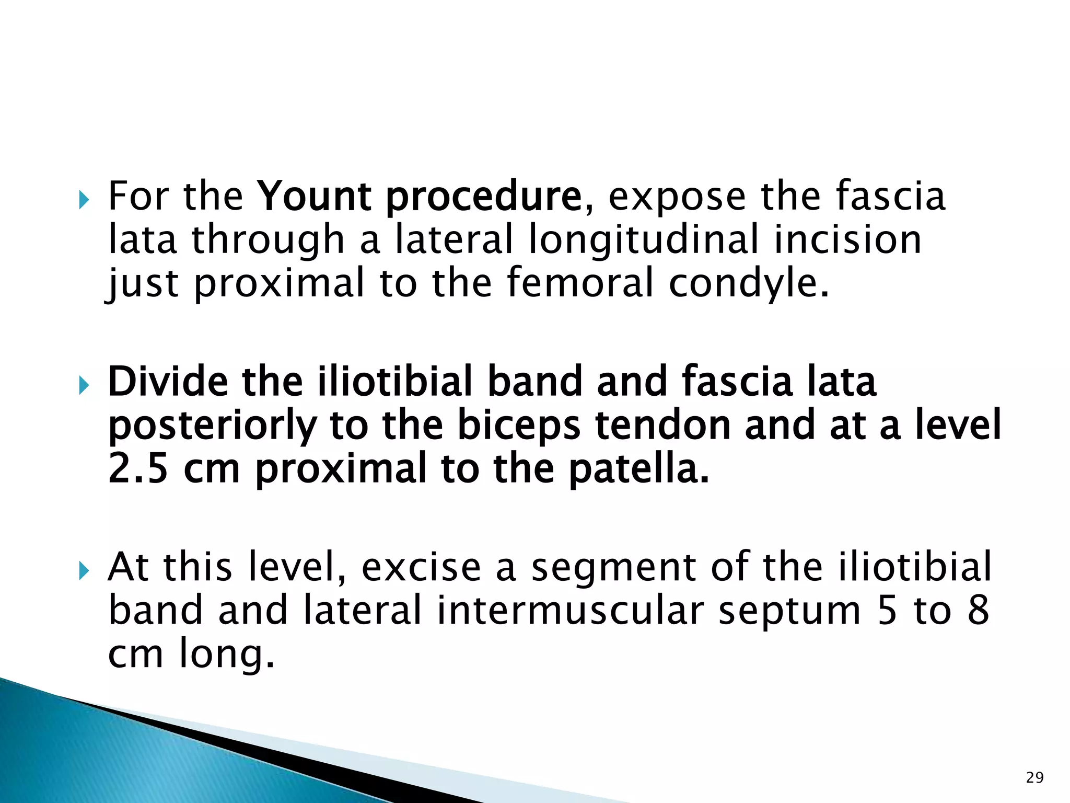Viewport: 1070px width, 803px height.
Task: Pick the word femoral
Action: click(x=580, y=283)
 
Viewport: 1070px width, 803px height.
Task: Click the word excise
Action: click(x=421, y=568)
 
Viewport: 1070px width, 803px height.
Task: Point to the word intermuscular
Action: click(x=570, y=611)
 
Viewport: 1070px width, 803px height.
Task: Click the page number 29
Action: click(x=1034, y=778)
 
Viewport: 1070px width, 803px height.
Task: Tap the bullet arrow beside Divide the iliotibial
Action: click(x=84, y=386)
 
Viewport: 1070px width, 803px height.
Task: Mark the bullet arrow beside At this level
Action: click(x=84, y=571)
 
